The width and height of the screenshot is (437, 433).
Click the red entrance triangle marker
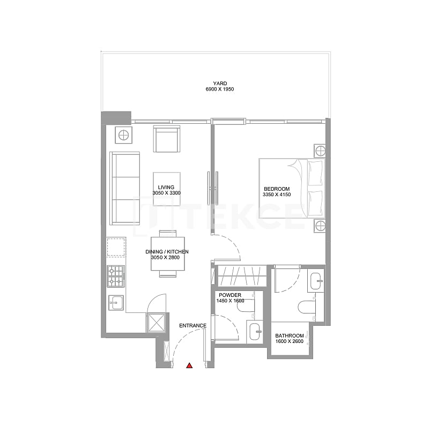click(x=189, y=365)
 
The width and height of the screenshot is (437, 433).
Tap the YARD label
click(x=220, y=83)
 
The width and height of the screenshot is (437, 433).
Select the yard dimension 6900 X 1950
click(x=220, y=89)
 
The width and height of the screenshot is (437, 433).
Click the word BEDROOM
click(x=277, y=189)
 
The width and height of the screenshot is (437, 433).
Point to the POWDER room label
click(x=230, y=295)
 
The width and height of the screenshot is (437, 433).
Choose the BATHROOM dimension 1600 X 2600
click(x=290, y=341)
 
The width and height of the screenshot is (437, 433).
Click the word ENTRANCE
click(x=193, y=325)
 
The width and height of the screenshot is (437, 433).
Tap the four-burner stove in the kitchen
click(x=116, y=276)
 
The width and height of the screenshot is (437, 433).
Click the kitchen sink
click(x=116, y=303)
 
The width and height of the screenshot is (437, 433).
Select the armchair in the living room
click(x=166, y=139)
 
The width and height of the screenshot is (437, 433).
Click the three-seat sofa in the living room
click(x=125, y=188)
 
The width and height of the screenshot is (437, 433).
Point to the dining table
click(x=168, y=253)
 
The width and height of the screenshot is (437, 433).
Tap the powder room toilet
click(x=246, y=305)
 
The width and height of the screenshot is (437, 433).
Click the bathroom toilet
click(x=307, y=308)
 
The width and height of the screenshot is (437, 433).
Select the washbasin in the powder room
click(x=255, y=332)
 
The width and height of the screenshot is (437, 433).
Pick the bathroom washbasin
click(x=316, y=281)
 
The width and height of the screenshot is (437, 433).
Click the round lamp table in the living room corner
click(x=123, y=136)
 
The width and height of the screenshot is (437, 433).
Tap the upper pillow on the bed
click(x=315, y=173)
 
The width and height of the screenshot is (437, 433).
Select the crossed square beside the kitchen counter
click(x=157, y=323)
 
